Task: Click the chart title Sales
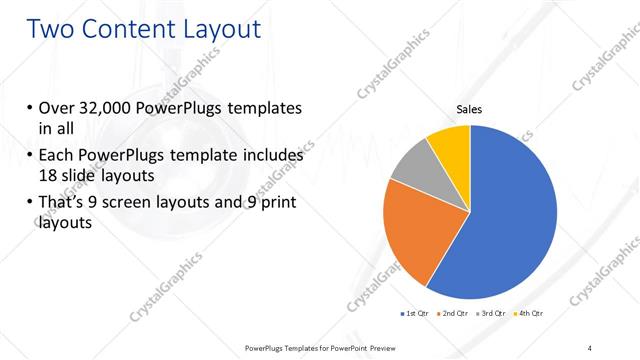pos(470,111)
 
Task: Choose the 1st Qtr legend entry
pos(414,314)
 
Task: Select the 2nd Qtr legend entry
pos(453,314)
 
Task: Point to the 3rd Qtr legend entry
pos(493,314)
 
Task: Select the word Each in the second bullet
pos(56,156)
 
